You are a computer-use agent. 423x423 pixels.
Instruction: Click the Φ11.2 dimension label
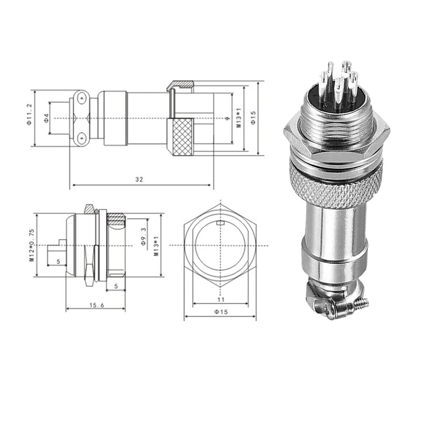point(29,114)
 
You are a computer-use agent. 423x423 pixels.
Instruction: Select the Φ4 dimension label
point(47,118)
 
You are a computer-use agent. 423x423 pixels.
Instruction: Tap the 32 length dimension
point(139,179)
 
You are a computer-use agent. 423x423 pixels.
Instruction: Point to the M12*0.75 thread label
point(32,245)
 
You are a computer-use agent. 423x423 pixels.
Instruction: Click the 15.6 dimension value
point(96,305)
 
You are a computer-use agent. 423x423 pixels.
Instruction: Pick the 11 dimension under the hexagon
point(221,299)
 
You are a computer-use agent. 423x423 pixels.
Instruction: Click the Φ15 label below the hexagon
point(221,312)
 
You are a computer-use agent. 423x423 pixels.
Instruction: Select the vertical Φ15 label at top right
point(253,118)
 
